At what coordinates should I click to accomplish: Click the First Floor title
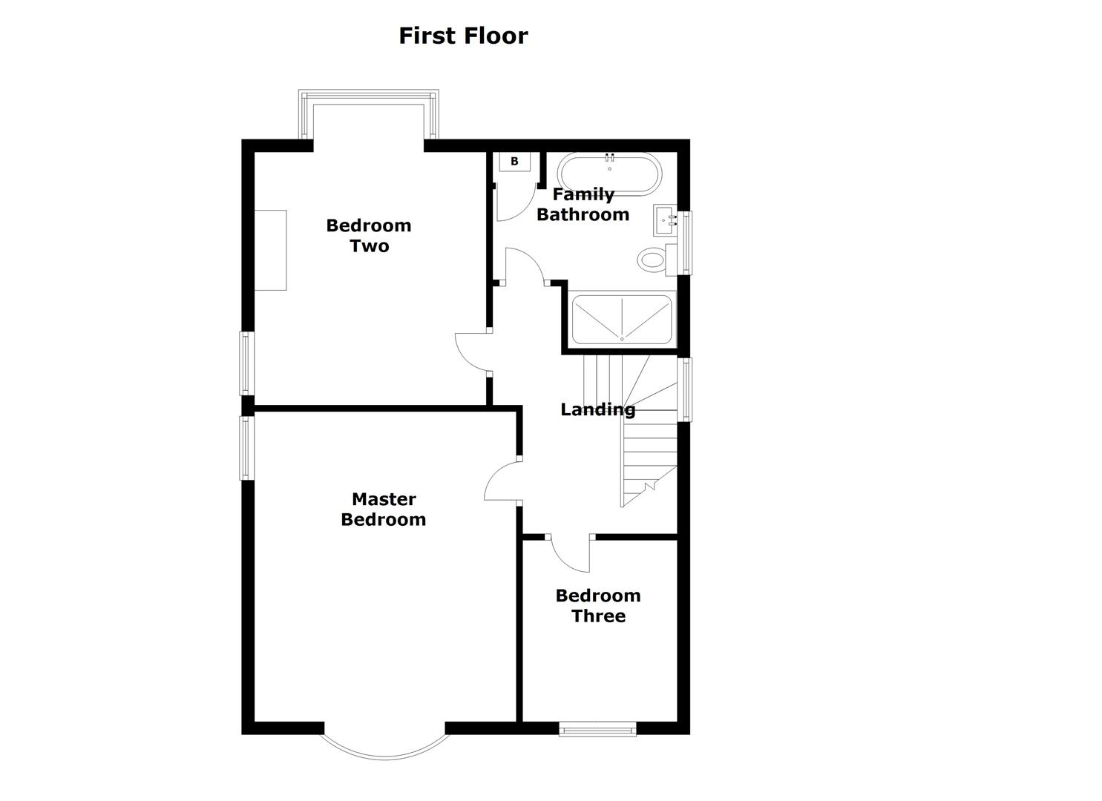463,36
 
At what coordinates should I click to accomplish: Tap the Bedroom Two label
369,235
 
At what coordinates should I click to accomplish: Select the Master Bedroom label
383,509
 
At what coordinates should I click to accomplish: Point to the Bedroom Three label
598,605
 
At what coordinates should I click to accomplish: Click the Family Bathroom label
583,204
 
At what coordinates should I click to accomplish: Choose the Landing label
597,409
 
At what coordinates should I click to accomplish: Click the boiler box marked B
514,161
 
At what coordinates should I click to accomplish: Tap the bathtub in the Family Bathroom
609,173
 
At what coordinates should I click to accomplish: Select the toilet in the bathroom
652,260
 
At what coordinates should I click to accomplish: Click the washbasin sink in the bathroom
665,220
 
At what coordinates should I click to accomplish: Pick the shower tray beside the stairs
622,319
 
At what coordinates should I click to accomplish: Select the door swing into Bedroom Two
472,352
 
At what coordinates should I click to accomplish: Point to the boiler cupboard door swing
514,200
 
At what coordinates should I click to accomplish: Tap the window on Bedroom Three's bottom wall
597,729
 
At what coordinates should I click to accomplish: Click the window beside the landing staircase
686,389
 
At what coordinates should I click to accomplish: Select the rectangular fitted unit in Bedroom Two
270,250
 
